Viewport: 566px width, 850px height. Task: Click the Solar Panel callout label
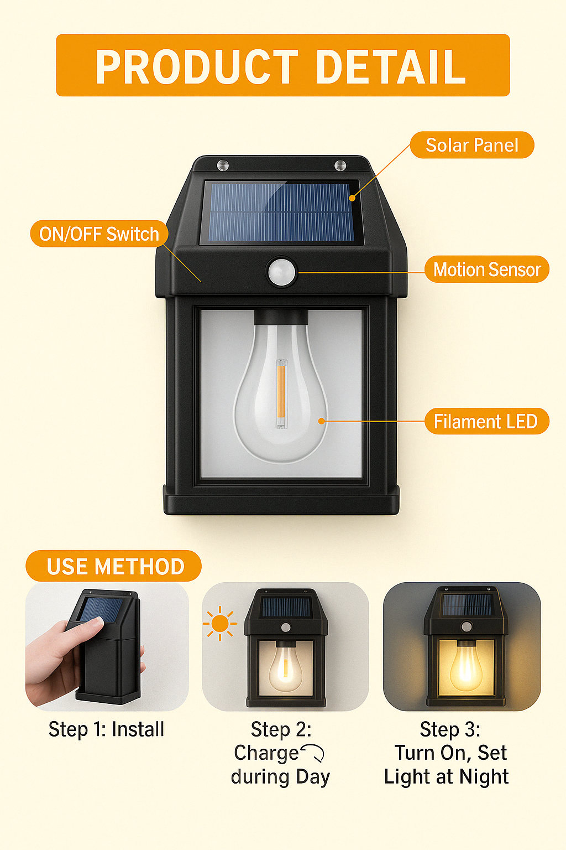pos(472,145)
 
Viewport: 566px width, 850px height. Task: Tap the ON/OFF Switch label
pos(99,234)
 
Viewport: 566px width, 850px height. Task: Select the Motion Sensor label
pos(487,269)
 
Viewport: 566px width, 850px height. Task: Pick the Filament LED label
pos(486,421)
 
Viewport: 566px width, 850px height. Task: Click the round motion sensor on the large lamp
pos(281,272)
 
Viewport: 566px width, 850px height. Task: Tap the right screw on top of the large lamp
pos(340,165)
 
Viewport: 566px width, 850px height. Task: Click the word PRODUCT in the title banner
pos(197,67)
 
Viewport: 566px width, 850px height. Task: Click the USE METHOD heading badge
pos(113,566)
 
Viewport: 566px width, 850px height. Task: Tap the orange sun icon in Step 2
pos(220,624)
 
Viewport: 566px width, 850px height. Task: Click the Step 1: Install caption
pos(107,729)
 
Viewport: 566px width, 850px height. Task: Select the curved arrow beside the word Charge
pos(313,753)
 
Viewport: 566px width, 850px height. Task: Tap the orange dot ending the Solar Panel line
pos(352,198)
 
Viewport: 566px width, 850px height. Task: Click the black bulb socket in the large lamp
pos(281,317)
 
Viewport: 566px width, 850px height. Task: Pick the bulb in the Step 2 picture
pos(285,668)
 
